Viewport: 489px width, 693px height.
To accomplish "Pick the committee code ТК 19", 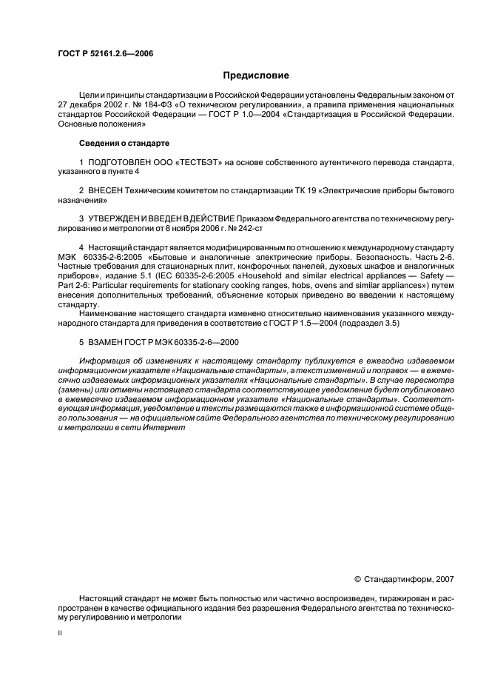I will (x=277, y=191).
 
